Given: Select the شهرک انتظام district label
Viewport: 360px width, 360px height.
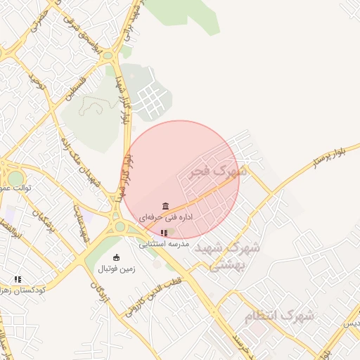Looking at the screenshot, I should tap(280, 316).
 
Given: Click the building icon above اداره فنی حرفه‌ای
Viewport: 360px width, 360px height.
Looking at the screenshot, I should tap(165, 206).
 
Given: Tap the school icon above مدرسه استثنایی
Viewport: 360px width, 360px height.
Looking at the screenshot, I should tap(164, 233).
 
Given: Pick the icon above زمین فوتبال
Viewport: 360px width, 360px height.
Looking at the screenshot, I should tap(116, 257).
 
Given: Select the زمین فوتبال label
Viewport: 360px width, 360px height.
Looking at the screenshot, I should tap(116, 269).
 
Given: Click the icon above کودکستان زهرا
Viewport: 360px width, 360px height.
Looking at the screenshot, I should tap(18, 279).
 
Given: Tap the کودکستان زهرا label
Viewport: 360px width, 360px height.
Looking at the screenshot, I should tap(21, 290).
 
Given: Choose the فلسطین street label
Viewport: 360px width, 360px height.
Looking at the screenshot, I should tap(75, 90).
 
